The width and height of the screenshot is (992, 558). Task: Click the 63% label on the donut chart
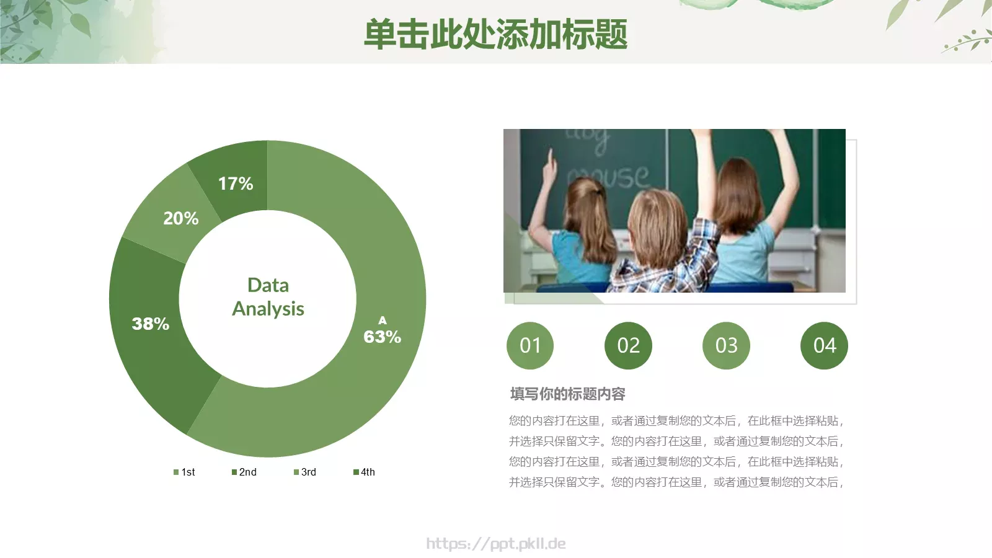382,337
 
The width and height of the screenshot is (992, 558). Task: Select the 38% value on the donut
150,324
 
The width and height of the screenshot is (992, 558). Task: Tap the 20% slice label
180,218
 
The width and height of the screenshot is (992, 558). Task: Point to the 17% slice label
236,184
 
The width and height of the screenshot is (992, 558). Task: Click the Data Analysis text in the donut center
268,297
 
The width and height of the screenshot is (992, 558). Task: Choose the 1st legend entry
185,472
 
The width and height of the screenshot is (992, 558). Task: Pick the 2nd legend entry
244,472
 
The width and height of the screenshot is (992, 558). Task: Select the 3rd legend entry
305,472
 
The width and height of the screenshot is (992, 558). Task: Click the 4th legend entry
365,472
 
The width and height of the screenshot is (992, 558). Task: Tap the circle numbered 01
530,345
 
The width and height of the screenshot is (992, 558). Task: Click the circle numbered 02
628,345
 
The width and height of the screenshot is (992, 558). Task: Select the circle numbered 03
726,345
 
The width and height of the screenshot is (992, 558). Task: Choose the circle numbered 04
824,345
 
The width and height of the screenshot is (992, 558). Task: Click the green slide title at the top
495,34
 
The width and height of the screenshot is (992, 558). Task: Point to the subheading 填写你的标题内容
567,394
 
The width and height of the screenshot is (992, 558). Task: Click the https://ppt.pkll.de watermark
496,544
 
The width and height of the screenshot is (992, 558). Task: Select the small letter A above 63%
383,321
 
